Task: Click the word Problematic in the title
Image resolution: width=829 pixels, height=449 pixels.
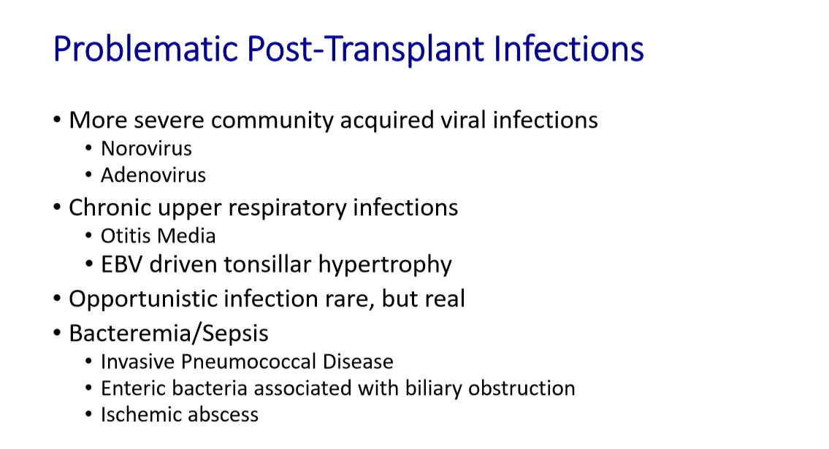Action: (145, 49)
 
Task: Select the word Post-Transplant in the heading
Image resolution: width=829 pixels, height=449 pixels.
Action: (365, 49)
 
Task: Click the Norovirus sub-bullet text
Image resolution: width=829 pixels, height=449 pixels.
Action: (147, 148)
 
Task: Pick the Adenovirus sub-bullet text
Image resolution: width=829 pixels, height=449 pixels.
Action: (153, 174)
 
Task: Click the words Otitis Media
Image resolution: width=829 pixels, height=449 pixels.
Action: (158, 236)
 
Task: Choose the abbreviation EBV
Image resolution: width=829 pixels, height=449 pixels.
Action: (121, 264)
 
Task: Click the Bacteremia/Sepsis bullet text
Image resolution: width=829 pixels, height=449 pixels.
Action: (169, 334)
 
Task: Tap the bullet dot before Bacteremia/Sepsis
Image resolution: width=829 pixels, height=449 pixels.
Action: (57, 334)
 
